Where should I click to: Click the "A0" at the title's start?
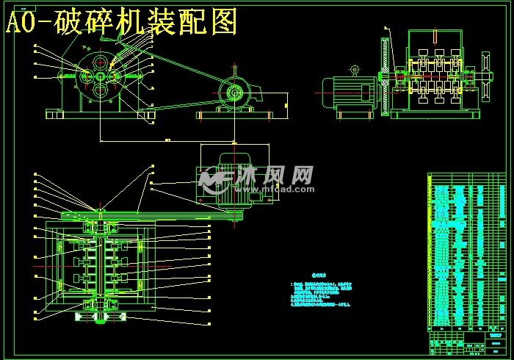coord(22,24)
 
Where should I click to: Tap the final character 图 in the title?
coord(223,22)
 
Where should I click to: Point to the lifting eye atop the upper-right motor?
coord(355,71)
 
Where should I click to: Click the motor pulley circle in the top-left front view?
coord(235,92)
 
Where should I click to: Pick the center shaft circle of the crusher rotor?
coord(99,76)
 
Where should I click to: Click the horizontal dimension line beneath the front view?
coord(167,140)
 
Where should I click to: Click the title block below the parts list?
coord(467,342)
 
